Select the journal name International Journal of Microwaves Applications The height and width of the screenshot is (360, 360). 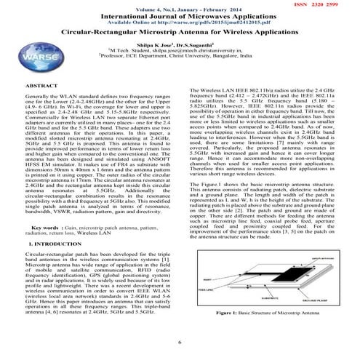(179, 14)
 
